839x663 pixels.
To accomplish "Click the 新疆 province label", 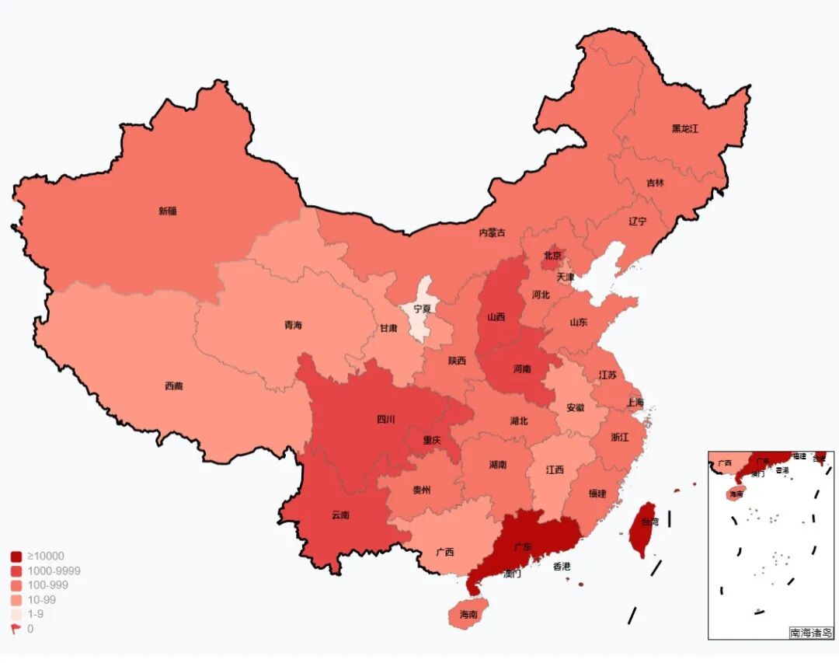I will tap(167, 211).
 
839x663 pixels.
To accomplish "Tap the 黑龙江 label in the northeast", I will tap(684, 129).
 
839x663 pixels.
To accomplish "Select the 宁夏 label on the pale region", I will tap(422, 309).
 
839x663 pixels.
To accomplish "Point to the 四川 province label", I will tap(386, 420).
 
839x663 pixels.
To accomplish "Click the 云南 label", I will tap(340, 515).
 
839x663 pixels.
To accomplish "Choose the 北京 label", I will tap(552, 255).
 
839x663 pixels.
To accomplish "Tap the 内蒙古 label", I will tap(492, 232).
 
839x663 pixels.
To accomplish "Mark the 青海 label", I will tap(293, 326).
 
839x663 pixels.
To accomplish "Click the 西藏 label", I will tap(174, 386).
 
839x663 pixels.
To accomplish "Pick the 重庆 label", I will tap(432, 440).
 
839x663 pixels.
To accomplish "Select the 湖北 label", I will tap(519, 420).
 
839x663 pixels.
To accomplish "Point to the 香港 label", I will tap(562, 567).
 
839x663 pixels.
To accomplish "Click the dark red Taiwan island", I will tap(642, 530).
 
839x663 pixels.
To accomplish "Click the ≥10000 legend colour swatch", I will tap(16, 557).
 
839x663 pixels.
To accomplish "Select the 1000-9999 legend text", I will tap(54, 571).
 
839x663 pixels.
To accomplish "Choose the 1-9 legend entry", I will tap(36, 614).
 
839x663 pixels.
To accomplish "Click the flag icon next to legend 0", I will tap(16, 629).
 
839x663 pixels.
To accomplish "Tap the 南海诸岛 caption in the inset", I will tap(810, 633).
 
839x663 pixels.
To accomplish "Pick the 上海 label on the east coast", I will tap(635, 402).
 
